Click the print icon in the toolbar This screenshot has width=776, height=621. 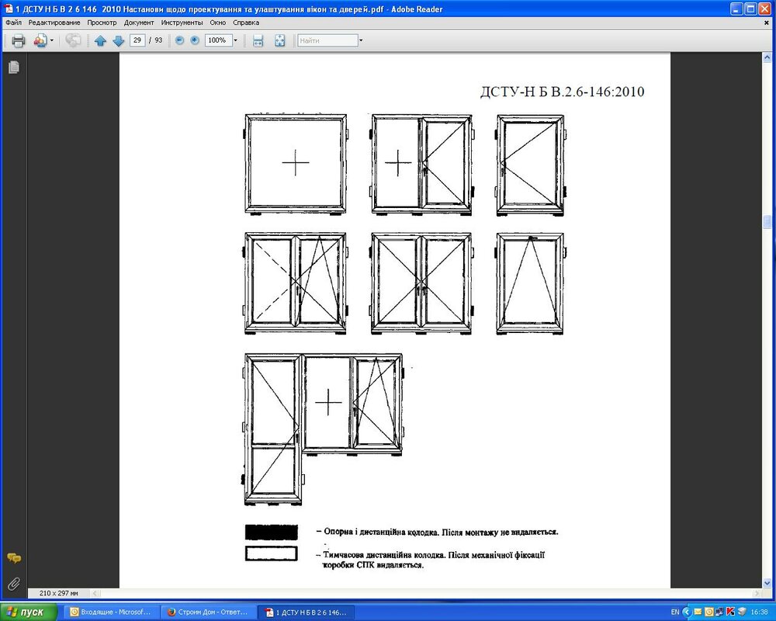click(x=19, y=40)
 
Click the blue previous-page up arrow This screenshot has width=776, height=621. click(x=100, y=40)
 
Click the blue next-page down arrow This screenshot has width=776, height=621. click(x=118, y=40)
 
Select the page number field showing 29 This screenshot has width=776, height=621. click(x=137, y=40)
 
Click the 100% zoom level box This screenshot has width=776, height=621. click(x=218, y=40)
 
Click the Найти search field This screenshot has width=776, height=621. click(x=327, y=40)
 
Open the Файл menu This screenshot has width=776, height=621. click(x=14, y=23)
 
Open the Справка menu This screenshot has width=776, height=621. click(x=246, y=23)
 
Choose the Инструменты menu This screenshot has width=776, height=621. click(x=182, y=23)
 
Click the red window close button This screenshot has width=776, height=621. click(x=764, y=9)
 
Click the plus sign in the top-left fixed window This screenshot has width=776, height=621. click(x=296, y=162)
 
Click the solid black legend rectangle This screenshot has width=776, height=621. click(x=271, y=533)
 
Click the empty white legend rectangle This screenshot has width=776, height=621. click(x=271, y=553)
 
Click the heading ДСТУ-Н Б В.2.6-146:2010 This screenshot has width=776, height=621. click(x=562, y=92)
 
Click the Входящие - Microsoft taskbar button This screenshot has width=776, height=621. click(x=111, y=612)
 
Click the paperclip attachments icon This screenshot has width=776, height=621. click(x=14, y=584)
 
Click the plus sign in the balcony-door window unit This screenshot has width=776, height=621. click(x=328, y=401)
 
